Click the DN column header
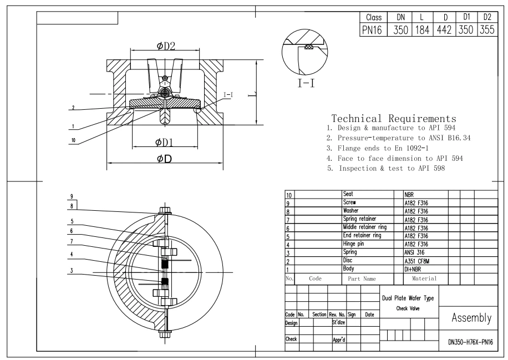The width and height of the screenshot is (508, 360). click(399, 18)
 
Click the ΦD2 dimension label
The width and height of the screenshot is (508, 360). click(164, 45)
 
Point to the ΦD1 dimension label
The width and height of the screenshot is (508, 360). click(164, 143)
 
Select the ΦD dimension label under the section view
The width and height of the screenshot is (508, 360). click(164, 159)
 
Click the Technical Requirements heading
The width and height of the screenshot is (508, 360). click(393, 119)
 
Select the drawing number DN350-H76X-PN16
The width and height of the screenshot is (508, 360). click(470, 342)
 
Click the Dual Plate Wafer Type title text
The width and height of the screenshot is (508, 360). click(409, 298)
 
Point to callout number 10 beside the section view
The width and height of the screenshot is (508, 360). click(73, 141)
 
